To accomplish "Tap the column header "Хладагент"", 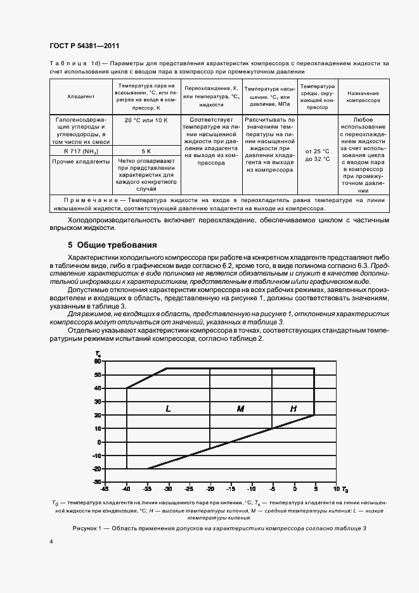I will pyautogui.click(x=81, y=96).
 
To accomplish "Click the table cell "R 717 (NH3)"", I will pyautogui.click(x=81, y=151).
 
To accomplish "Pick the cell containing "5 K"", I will pyautogui.click(x=146, y=151).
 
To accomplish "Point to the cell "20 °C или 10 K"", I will pyautogui.click(x=146, y=120).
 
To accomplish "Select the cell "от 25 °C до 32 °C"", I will pyautogui.click(x=317, y=155).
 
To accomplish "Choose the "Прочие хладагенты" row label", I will pyautogui.click(x=81, y=162).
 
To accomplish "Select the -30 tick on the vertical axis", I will pyautogui.click(x=97, y=482).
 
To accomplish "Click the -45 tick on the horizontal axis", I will pyautogui.click(x=105, y=489).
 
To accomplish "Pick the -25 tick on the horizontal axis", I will pyautogui.click(x=189, y=489).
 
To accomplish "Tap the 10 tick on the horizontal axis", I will pyautogui.click(x=335, y=489).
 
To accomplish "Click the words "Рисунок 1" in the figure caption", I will pyautogui.click(x=89, y=528).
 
